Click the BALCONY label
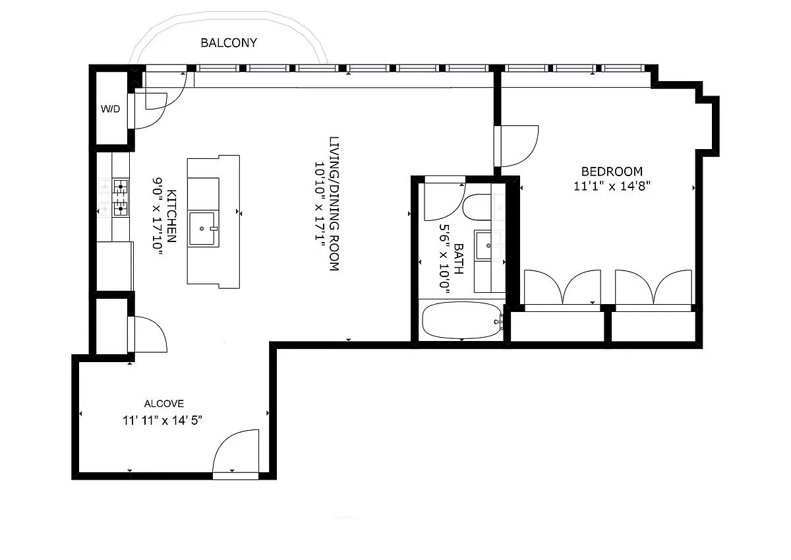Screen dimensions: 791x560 tap(229, 43)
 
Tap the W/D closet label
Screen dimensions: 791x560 tap(110, 109)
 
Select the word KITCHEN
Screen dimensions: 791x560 tap(171, 216)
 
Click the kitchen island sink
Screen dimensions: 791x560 tap(202, 228)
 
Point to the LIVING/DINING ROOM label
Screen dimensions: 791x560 tap(334, 204)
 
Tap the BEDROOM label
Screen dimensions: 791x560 tap(612, 171)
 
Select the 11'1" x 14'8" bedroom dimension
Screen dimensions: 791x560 tap(612, 186)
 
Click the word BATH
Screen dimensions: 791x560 tap(458, 259)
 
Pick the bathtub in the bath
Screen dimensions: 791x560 tap(461, 321)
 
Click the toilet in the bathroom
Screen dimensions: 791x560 tap(477, 207)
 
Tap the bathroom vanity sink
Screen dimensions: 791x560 tap(483, 245)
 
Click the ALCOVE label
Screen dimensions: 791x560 tap(164, 403)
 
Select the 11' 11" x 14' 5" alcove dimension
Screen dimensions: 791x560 tap(162, 420)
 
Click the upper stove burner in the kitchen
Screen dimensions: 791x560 tap(121, 186)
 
